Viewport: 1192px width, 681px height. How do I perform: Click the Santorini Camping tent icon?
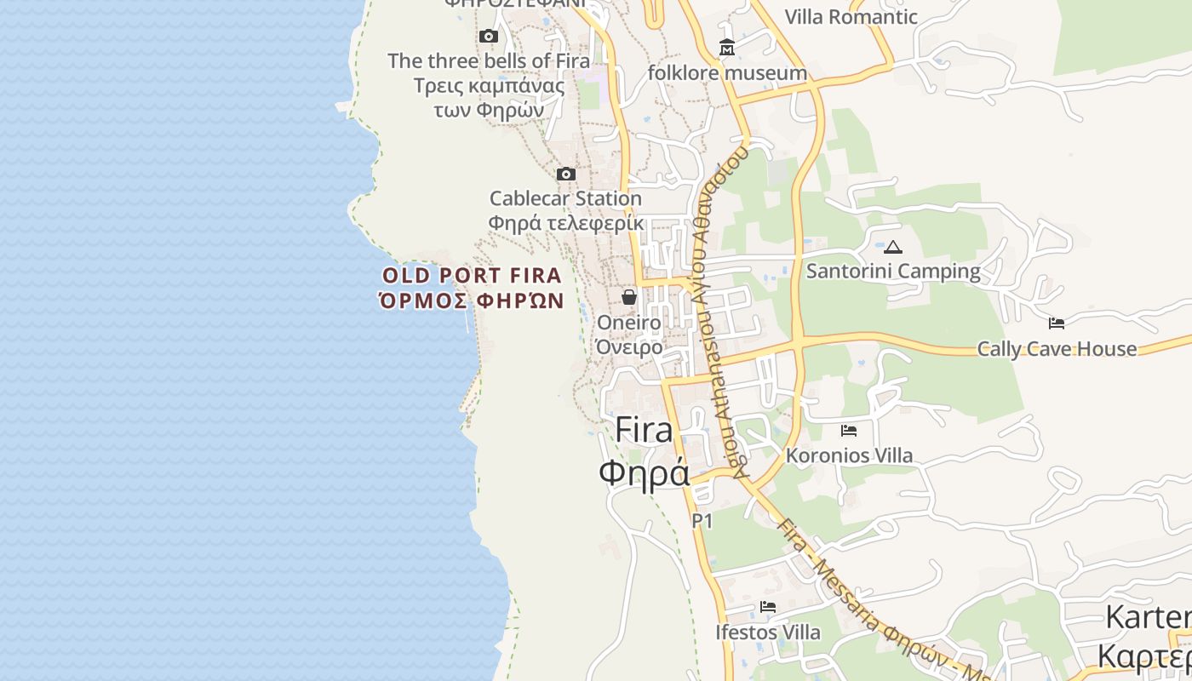click(892, 248)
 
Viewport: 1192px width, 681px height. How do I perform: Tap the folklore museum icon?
click(726, 48)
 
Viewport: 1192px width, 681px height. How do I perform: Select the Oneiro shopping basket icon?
click(629, 297)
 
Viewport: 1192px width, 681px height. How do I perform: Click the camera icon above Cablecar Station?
click(565, 175)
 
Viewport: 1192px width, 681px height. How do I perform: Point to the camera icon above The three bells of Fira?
click(488, 36)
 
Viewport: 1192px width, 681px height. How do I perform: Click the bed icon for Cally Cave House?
click(1057, 323)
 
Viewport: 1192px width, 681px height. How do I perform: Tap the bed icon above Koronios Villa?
click(848, 431)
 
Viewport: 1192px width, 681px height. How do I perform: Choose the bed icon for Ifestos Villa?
click(768, 607)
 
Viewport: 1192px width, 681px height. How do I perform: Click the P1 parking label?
click(702, 520)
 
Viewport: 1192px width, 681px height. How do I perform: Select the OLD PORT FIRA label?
click(472, 276)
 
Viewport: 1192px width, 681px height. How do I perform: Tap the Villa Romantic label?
click(851, 17)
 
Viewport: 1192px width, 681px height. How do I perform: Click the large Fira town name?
click(644, 430)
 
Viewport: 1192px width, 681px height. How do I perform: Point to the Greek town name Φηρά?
click(644, 472)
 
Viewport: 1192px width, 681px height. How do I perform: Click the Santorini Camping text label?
click(893, 272)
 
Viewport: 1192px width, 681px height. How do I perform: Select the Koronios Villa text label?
click(849, 455)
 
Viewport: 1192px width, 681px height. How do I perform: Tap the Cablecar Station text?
click(565, 198)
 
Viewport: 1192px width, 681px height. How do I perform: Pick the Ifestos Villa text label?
click(768, 632)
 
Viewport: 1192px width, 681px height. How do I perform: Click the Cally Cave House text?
click(1057, 349)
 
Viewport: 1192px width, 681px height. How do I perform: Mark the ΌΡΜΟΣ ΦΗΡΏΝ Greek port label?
click(472, 300)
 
